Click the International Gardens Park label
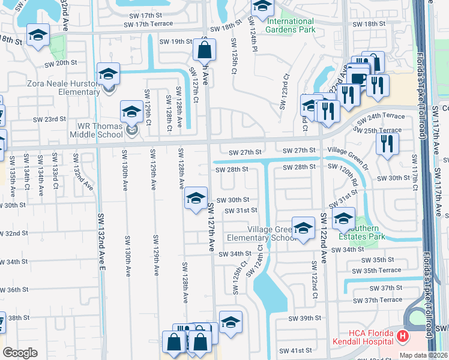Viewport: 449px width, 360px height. click(291, 25)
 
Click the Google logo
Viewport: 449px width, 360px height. click(20, 352)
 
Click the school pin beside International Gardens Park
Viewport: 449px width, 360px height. click(262, 7)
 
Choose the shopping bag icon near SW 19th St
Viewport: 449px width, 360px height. click(203, 47)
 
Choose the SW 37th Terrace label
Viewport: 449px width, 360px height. click(378, 300)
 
